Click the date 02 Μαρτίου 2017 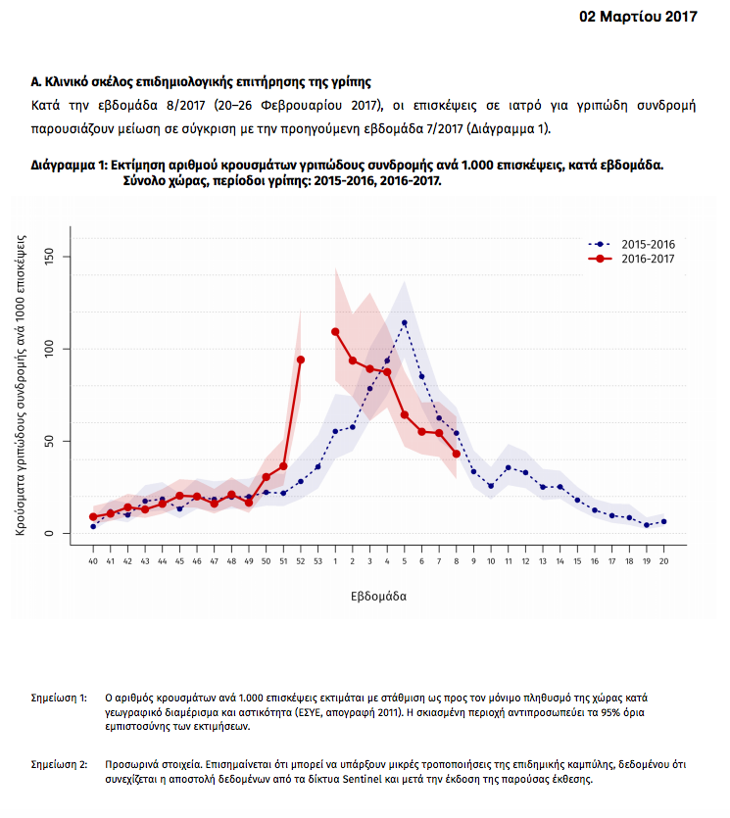click(x=638, y=17)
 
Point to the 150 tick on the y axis click(x=51, y=257)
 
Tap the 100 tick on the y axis click(x=51, y=349)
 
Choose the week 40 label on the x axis click(x=93, y=561)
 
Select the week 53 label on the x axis click(x=317, y=561)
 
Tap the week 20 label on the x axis click(x=663, y=561)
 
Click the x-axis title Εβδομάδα click(x=378, y=595)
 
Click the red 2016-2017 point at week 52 click(x=301, y=360)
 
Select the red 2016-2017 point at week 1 click(x=335, y=331)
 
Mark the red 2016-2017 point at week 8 click(x=457, y=454)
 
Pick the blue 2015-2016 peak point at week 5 click(x=405, y=322)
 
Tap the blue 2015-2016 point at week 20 click(x=663, y=521)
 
